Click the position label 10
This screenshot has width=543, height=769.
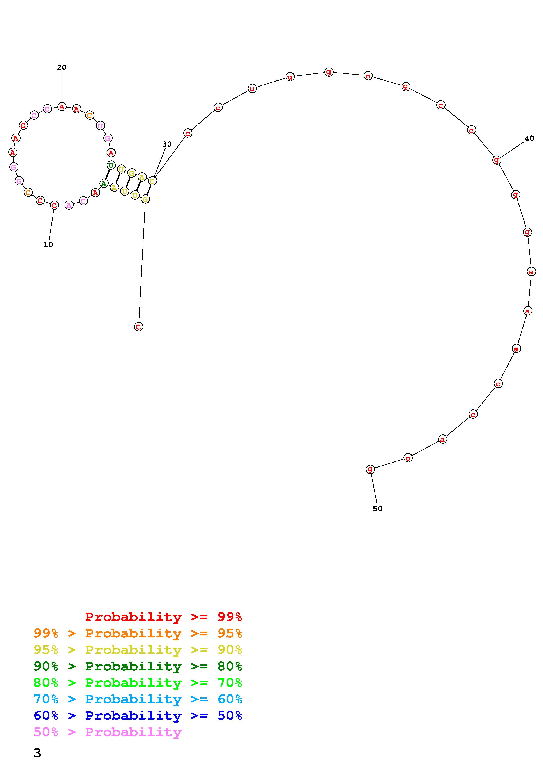48,244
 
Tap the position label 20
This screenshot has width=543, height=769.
62,67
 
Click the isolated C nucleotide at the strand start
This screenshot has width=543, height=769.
138,327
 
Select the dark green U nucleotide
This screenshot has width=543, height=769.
111,165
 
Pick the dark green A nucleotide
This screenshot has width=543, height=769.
104,183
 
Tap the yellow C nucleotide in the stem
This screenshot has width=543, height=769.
152,181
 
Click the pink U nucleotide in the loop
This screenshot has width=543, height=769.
100,126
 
